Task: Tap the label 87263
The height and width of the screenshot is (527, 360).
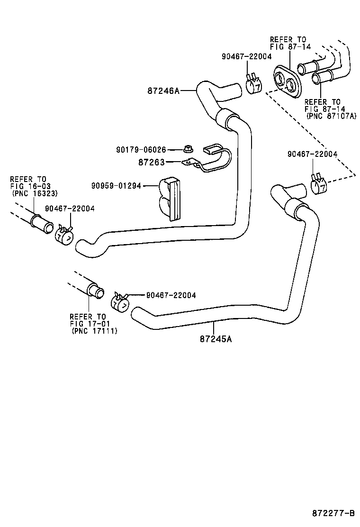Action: [151, 162]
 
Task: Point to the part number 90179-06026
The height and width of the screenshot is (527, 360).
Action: [141, 149]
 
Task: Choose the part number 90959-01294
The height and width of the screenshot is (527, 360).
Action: [116, 186]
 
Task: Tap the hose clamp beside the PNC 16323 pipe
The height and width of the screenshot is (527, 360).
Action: [64, 235]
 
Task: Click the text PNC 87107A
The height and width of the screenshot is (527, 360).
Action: [331, 115]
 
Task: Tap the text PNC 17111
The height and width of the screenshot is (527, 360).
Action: [94, 331]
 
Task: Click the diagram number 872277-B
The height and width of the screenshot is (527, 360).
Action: [333, 513]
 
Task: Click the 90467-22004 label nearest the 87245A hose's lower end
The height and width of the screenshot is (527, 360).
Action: [171, 295]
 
